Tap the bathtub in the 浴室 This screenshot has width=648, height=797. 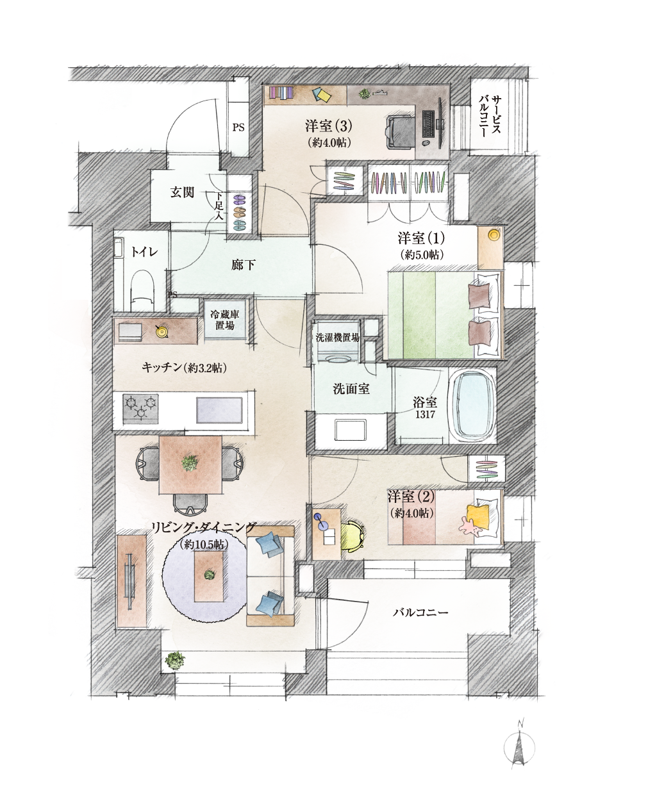click(x=474, y=406)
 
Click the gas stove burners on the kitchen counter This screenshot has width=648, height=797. click(x=140, y=407)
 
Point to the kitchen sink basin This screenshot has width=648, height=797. click(x=219, y=410)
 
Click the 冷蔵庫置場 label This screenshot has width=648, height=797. click(x=224, y=320)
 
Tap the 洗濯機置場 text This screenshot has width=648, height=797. click(x=338, y=338)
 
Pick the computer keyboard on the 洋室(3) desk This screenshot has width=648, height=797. click(x=428, y=124)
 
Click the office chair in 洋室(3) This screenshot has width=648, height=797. click(x=401, y=131)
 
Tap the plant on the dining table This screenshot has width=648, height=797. click(x=190, y=463)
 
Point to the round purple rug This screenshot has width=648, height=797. click(x=204, y=576)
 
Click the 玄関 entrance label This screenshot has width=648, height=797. click(x=182, y=193)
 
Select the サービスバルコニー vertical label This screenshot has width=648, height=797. click(x=490, y=117)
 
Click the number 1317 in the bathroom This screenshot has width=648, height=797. click(x=424, y=415)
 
